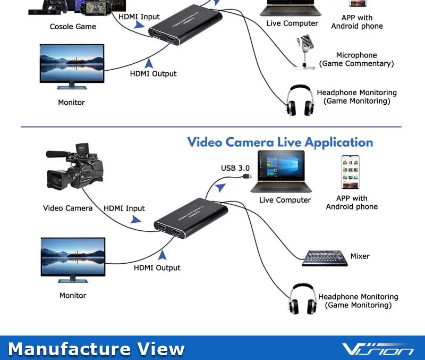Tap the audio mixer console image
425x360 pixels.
[x=324, y=258]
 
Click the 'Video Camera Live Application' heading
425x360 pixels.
[x=280, y=143]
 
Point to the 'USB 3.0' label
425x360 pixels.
[x=235, y=169]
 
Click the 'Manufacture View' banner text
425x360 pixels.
[x=97, y=349]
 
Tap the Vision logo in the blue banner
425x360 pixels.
[x=378, y=349]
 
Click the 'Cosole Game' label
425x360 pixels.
[x=73, y=27]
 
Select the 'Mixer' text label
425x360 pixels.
[x=360, y=256]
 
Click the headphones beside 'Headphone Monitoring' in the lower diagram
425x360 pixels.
[x=302, y=300]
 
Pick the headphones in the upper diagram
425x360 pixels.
[x=299, y=99]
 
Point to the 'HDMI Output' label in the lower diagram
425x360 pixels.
[x=157, y=268]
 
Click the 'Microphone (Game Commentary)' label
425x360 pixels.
[x=356, y=60]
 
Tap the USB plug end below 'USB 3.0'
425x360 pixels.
[x=245, y=175]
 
